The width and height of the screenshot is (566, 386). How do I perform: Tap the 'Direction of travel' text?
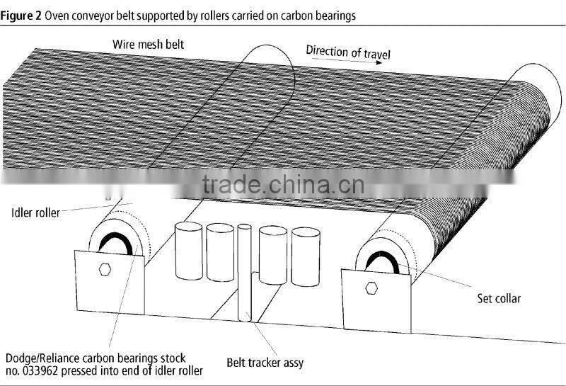pos(347,52)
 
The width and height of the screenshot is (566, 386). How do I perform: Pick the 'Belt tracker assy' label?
pos(265,363)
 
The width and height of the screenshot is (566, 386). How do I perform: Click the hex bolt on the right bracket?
pos(372,286)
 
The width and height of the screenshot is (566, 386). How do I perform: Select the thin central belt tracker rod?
pos(244,276)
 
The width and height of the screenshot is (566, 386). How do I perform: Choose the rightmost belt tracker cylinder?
pos(306,256)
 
